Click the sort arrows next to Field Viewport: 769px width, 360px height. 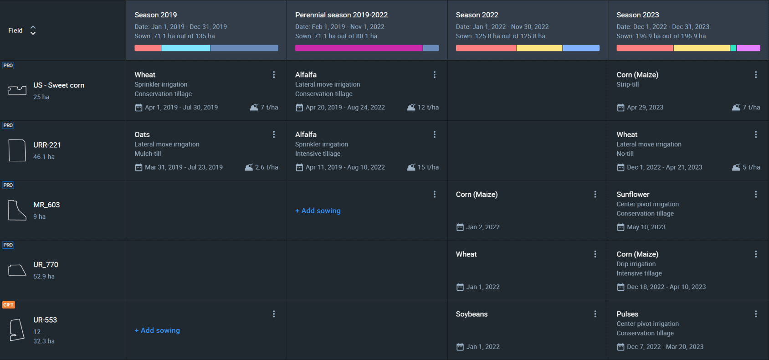coord(33,30)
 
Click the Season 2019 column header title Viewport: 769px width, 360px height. coord(155,15)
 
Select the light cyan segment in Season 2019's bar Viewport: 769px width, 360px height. coord(185,48)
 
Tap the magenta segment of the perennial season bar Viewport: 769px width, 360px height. coord(359,48)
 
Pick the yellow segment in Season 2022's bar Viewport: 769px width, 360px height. coord(539,48)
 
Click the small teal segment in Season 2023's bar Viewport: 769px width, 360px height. coord(733,48)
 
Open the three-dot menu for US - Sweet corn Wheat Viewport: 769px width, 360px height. coord(274,75)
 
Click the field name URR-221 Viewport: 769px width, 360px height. coord(47,145)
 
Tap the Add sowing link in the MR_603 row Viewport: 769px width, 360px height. coord(318,211)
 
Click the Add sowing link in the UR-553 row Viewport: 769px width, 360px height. coord(157,330)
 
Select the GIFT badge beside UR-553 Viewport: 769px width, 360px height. coord(8,305)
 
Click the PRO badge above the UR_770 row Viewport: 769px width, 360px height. coord(8,245)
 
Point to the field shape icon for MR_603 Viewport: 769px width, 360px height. coord(17,210)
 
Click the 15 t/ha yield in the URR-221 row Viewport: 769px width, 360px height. coord(423,167)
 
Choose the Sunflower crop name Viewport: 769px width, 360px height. coord(633,195)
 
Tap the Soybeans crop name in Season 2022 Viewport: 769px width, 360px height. coord(472,314)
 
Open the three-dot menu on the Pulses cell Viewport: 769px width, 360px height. coord(756,314)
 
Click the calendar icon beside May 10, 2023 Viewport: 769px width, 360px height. coord(620,227)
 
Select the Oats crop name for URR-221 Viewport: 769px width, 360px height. coord(142,134)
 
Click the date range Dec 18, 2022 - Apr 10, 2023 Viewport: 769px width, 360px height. coord(666,287)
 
